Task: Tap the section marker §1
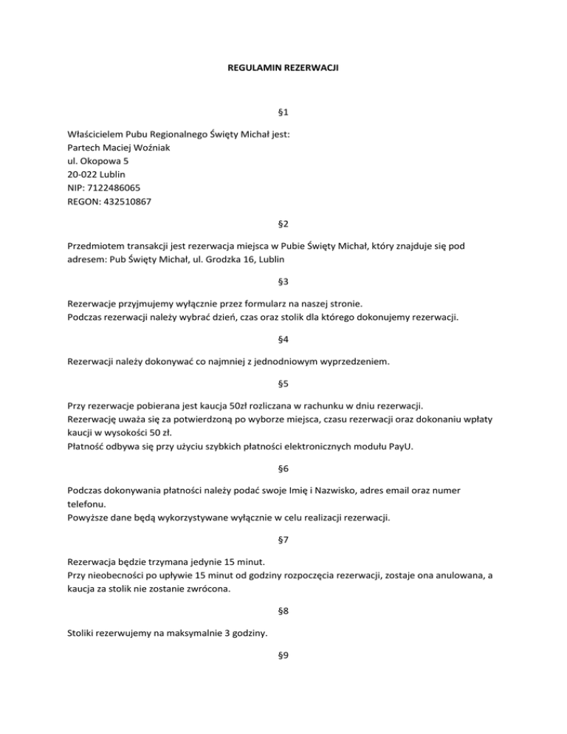click(283, 112)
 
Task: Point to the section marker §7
click(283, 540)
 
